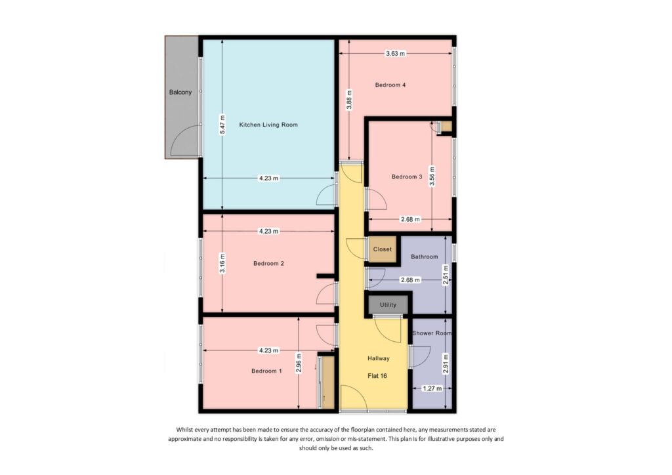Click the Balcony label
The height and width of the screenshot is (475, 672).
tap(180, 93)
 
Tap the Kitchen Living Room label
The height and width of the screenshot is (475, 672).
tap(268, 125)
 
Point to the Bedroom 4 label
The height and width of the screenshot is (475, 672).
tap(390, 85)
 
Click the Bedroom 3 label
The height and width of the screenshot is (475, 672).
tap(407, 176)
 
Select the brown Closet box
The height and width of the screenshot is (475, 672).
tap(382, 249)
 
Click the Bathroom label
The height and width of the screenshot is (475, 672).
tap(424, 257)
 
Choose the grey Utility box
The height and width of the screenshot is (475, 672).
tap(388, 305)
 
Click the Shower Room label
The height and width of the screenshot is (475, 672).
tap(432, 333)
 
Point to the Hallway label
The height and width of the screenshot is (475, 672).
tap(379, 358)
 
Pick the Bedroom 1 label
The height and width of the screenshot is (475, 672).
tap(266, 371)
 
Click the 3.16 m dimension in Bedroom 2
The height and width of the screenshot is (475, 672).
tap(222, 264)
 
